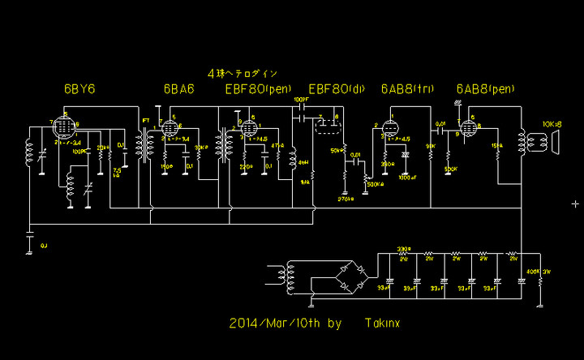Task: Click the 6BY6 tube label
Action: (79, 88)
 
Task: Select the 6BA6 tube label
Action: (178, 88)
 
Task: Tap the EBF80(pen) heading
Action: (258, 88)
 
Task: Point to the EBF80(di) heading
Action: (337, 88)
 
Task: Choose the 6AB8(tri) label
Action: (406, 88)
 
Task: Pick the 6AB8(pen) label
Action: (486, 88)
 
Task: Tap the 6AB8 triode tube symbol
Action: (392, 129)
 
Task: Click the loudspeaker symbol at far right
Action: (555, 143)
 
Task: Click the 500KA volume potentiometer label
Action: (376, 184)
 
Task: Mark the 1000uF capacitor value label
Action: (408, 176)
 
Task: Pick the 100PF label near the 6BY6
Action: (79, 152)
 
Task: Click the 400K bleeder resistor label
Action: (533, 270)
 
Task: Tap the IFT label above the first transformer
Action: (145, 121)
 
